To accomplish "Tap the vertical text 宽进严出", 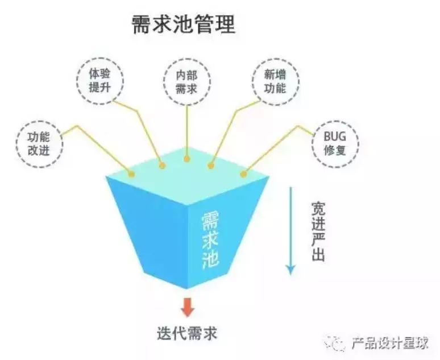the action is pyautogui.click(x=318, y=230).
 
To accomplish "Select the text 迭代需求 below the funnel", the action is pyautogui.click(x=187, y=333).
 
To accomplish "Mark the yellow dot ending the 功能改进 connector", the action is pyautogui.click(x=132, y=174).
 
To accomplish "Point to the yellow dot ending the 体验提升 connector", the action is pyautogui.click(x=162, y=166).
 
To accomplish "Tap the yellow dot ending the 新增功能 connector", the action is pyautogui.click(x=211, y=166).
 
